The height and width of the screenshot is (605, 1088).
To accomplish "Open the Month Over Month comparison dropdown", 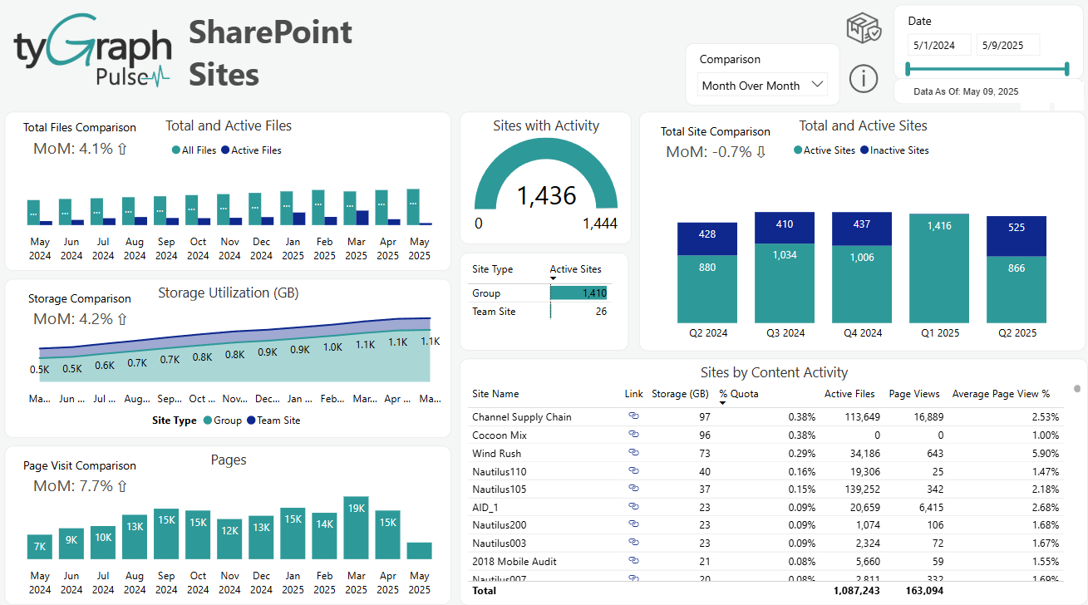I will pyautogui.click(x=761, y=85).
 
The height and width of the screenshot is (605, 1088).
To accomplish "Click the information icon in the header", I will pyautogui.click(x=864, y=79).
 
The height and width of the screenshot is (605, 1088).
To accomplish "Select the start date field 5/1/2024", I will pyautogui.click(x=938, y=46).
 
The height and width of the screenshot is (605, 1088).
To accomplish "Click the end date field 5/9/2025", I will pyautogui.click(x=1007, y=46).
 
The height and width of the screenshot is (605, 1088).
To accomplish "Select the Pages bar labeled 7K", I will pyautogui.click(x=40, y=546).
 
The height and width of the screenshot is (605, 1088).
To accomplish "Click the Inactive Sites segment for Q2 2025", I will pyautogui.click(x=1016, y=228).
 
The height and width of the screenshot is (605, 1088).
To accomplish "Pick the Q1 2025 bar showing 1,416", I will pyautogui.click(x=939, y=268).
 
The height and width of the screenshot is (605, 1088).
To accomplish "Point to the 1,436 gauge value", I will pyautogui.click(x=546, y=195).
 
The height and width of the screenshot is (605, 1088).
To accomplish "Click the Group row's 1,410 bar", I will pyautogui.click(x=578, y=293).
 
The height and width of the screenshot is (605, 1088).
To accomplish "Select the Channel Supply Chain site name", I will pyautogui.click(x=521, y=417).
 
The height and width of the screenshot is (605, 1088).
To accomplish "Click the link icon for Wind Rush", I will pyautogui.click(x=633, y=453).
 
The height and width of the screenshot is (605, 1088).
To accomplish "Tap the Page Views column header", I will pyautogui.click(x=915, y=394).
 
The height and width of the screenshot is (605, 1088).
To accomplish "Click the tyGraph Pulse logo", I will pyautogui.click(x=92, y=50).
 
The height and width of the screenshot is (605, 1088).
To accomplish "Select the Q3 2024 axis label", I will pyautogui.click(x=784, y=333).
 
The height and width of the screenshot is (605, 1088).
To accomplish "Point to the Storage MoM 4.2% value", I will pyautogui.click(x=80, y=319).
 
